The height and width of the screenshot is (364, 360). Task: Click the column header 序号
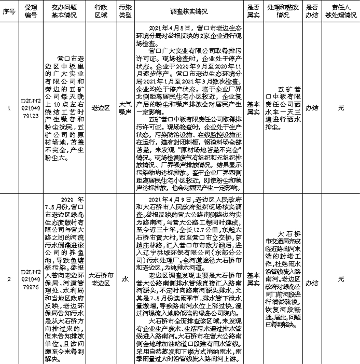(8, 10)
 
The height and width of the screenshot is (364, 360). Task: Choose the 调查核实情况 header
(188, 10)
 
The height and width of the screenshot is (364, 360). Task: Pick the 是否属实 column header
(253, 10)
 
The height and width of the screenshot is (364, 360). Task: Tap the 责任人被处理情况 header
(340, 10)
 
